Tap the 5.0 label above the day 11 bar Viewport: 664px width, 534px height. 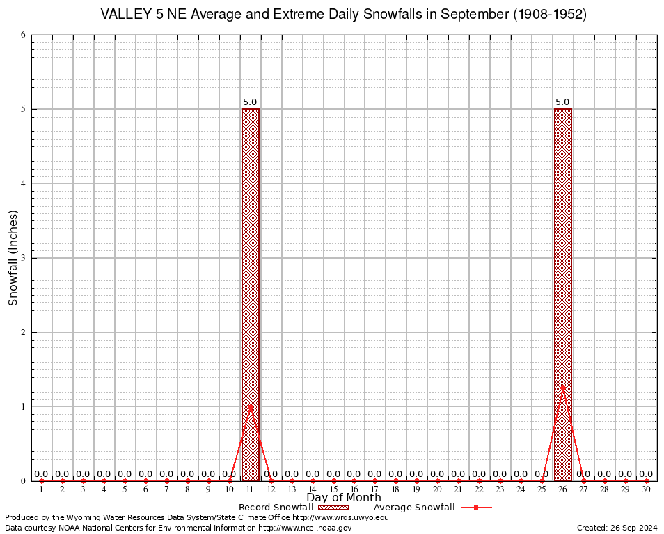pos(250,102)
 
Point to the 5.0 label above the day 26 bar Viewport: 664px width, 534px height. pos(562,102)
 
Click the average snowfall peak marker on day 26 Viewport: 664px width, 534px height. pos(562,387)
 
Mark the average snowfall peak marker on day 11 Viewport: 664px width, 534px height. pos(250,405)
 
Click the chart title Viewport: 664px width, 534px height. pos(344,15)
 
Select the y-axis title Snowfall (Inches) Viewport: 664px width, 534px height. pos(13,258)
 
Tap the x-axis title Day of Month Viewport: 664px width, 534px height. pos(344,497)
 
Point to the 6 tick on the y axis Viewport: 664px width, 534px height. pos(24,35)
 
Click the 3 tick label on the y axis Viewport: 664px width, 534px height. pos(24,258)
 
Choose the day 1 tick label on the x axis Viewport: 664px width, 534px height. pos(42,490)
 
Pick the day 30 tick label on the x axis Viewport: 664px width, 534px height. pos(647,490)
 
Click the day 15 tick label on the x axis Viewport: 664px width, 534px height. pos(333,490)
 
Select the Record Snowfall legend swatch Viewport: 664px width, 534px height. pos(334,508)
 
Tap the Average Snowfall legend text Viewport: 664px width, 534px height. pos(413,508)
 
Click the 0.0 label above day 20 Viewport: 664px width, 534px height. pos(437,474)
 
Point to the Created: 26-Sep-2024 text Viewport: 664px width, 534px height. pos(617,528)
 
